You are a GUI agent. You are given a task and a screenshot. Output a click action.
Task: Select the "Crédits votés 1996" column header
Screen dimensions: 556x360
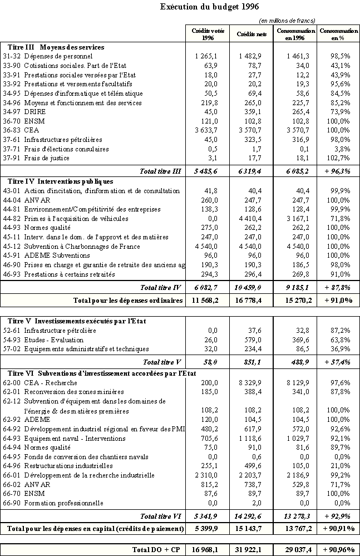[x=208, y=35]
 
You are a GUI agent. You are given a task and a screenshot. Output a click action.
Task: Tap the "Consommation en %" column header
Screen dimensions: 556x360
[x=338, y=35]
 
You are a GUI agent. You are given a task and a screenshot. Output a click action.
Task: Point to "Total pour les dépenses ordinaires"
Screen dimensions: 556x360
[x=128, y=301]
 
